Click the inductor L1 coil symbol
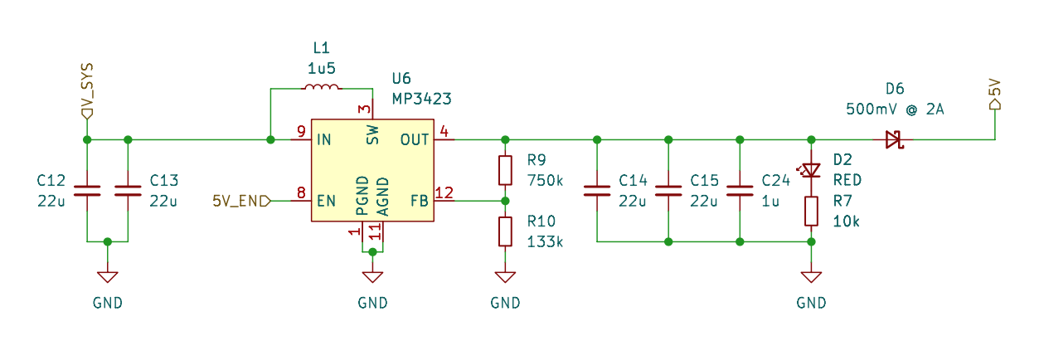point(321,89)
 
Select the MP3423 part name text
point(421,99)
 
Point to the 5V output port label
point(995,93)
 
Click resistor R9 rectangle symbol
point(505,170)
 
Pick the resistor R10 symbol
point(505,231)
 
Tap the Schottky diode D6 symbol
point(893,139)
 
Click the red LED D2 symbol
point(811,170)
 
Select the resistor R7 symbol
point(811,211)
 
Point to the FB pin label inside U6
point(420,200)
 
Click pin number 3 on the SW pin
point(362,109)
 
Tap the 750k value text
point(545,180)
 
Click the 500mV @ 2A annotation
point(895,109)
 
